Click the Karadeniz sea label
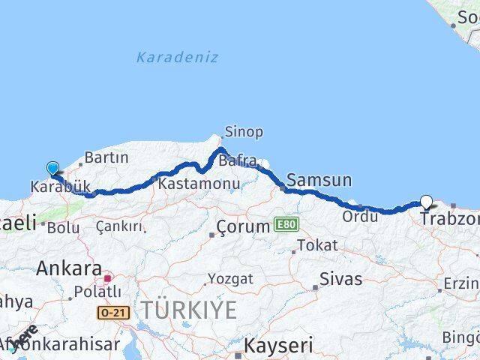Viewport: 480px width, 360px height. click(x=178, y=57)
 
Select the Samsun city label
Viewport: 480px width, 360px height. click(x=319, y=180)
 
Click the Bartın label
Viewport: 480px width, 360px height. click(x=106, y=158)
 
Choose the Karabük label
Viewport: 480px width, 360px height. click(x=60, y=187)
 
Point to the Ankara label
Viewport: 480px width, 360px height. click(x=69, y=268)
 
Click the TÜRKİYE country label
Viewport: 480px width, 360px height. click(x=189, y=309)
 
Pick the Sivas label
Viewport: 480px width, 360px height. click(x=340, y=280)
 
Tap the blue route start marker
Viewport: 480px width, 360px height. click(x=52, y=169)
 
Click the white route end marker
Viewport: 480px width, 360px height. click(x=427, y=201)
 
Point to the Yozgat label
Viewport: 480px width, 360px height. click(x=231, y=278)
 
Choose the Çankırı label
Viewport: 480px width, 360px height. click(x=119, y=226)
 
